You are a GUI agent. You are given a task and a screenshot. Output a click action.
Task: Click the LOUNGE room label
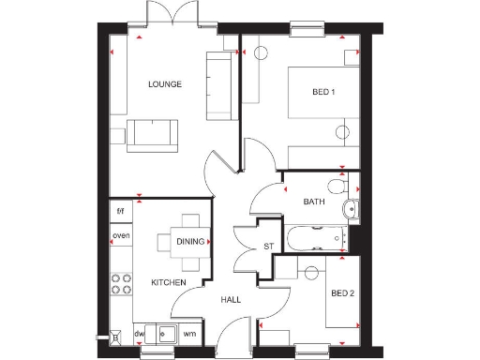(x=164, y=84)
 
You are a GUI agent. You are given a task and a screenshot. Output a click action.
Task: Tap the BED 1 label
(x=323, y=91)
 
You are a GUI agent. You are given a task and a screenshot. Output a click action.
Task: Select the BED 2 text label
(x=342, y=293)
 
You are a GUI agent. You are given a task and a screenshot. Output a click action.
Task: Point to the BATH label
(x=313, y=202)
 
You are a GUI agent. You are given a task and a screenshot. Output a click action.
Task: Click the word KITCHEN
(x=169, y=282)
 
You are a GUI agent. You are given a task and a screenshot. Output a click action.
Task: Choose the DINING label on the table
(x=189, y=241)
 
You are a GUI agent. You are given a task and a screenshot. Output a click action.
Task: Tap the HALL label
(x=231, y=300)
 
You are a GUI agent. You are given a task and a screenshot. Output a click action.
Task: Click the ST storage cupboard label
(x=266, y=247)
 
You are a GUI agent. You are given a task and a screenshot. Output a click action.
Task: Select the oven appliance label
(x=121, y=235)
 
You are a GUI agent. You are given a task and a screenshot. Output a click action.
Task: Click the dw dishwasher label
(x=139, y=333)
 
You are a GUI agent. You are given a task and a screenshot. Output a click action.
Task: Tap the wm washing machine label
(x=189, y=333)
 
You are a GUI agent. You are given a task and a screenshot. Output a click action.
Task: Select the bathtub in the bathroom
(x=314, y=237)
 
